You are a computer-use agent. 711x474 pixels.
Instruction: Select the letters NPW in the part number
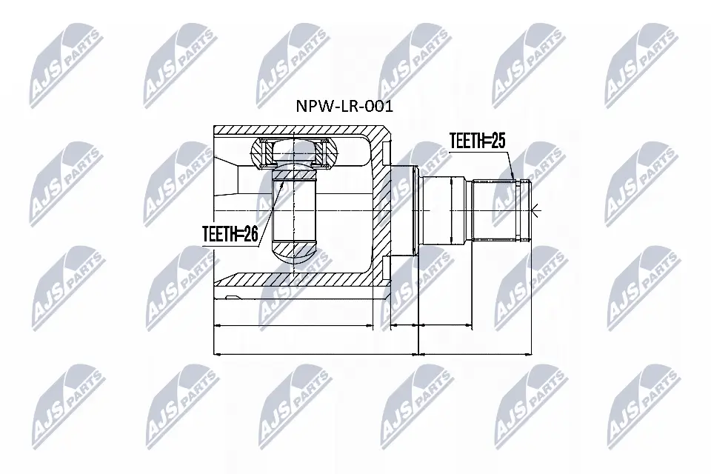(x=311, y=105)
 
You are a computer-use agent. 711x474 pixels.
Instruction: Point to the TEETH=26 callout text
(x=230, y=235)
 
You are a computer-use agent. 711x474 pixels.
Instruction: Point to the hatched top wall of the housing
(x=296, y=131)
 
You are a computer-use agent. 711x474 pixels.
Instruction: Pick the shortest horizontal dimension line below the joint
(x=404, y=324)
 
